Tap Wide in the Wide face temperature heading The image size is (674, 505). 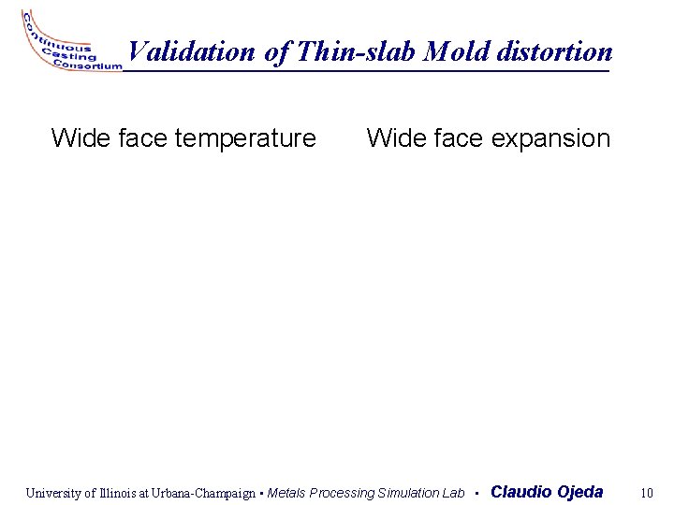tap(80, 139)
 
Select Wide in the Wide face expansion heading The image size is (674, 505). tap(395, 139)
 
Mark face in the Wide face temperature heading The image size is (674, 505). tap(141, 139)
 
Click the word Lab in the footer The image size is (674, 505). tap(453, 493)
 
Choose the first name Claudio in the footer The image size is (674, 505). tap(520, 492)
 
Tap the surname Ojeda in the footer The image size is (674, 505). tap(580, 492)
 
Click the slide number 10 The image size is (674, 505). tap(646, 493)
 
